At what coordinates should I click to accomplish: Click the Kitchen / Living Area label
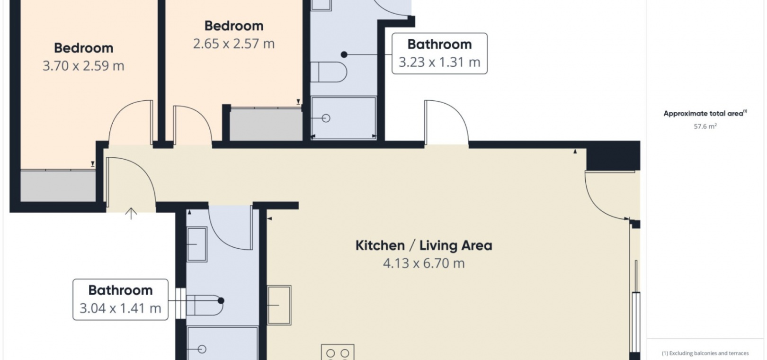point(424,245)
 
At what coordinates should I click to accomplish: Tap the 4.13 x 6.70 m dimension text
point(424,263)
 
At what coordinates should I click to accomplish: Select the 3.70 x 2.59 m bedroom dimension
point(83,66)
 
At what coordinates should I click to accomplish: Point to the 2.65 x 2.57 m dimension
point(234,44)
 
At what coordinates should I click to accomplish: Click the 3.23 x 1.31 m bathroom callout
point(440,54)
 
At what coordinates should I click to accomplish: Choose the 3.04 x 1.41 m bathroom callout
point(121,299)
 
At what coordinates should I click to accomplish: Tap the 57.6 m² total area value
point(705,126)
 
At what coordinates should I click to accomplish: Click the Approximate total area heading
point(705,113)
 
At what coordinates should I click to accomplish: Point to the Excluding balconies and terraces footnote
point(705,353)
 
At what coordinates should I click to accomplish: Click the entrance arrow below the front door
point(131,214)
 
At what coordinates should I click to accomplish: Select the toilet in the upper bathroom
point(329,72)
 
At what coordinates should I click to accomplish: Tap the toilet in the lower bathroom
point(205,305)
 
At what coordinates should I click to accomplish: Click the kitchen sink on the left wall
point(279,305)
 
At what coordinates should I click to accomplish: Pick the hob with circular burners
point(338,352)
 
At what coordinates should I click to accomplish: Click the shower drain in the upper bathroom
point(326,118)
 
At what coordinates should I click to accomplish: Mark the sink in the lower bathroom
point(197,244)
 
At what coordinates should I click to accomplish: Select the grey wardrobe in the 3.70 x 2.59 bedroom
point(58,185)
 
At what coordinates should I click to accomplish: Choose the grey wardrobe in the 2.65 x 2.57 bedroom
point(266,124)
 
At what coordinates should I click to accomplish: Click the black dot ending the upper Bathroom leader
point(344,54)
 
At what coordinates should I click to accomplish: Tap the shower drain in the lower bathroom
point(202,349)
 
